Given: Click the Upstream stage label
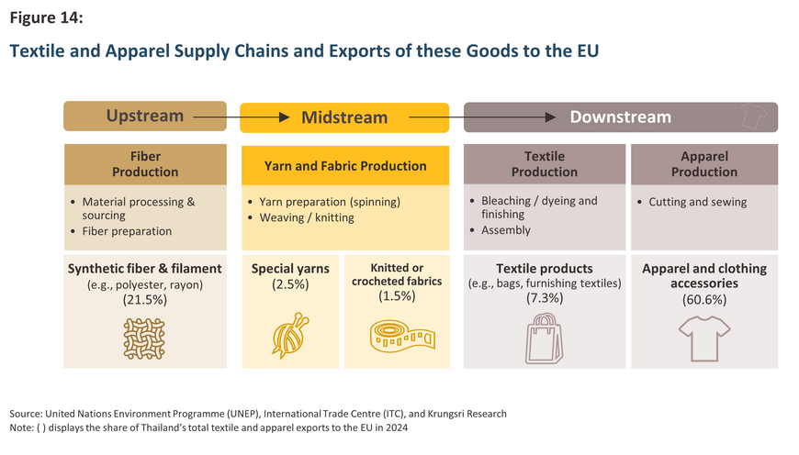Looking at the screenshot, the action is [x=145, y=116].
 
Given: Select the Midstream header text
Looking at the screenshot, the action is [x=344, y=117].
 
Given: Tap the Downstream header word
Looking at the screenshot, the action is [x=620, y=117].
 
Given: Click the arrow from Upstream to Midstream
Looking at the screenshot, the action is [x=242, y=117].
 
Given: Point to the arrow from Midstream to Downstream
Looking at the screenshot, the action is [x=482, y=117].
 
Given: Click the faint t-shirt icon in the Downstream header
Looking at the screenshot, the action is [x=754, y=116].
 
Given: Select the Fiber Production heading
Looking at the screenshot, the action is [x=145, y=164].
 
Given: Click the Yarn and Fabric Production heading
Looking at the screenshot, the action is [x=345, y=166].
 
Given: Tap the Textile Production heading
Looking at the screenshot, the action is [x=545, y=164].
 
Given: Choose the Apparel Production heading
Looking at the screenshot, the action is [x=704, y=164].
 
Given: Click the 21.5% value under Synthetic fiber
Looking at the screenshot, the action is [x=145, y=300].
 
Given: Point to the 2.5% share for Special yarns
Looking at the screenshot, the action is [x=290, y=284].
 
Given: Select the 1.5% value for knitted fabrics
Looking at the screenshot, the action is [x=397, y=295].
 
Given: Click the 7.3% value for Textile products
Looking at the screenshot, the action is [x=545, y=298].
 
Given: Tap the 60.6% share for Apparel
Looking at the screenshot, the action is [x=704, y=299].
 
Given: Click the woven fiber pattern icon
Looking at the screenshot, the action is [x=144, y=339].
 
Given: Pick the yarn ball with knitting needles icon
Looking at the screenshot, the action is [x=290, y=336].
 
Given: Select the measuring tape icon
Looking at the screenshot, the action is [x=402, y=337].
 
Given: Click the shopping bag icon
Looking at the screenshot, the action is [x=545, y=338].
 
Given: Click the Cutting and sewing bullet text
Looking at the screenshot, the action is [x=698, y=202].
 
